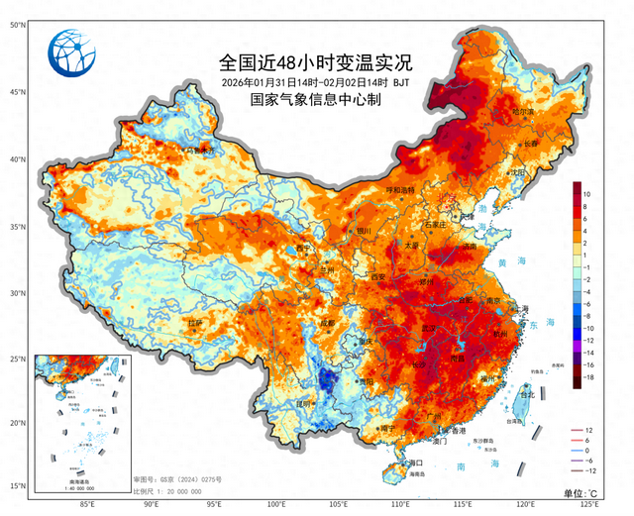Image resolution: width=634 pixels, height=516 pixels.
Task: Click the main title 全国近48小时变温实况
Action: (x=316, y=61)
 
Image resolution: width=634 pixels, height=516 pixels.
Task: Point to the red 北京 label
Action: (x=449, y=198)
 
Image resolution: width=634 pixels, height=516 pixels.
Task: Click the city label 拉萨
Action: (x=195, y=323)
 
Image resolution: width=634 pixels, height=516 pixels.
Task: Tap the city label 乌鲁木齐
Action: (x=199, y=151)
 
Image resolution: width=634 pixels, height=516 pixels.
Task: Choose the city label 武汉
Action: (x=430, y=329)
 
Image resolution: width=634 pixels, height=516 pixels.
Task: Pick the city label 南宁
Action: (x=388, y=428)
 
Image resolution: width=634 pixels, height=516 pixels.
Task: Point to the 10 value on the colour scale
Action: (x=588, y=193)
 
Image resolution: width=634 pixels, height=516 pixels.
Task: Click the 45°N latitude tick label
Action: (x=17, y=92)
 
